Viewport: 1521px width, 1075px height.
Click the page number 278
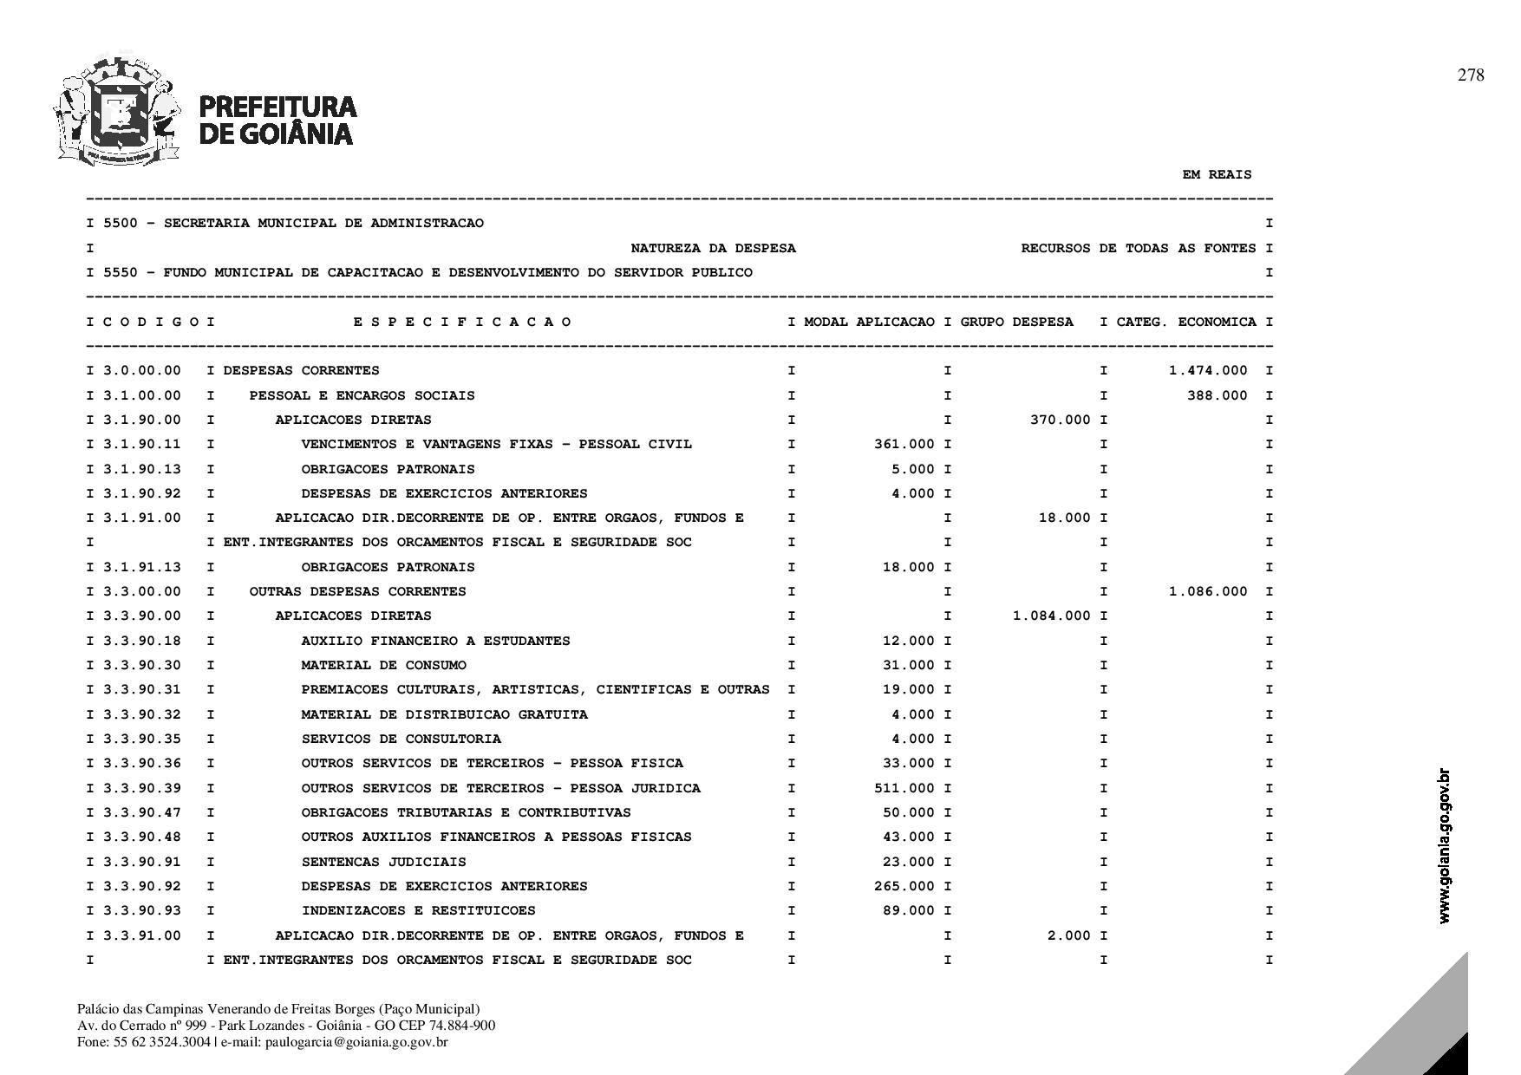tap(1471, 75)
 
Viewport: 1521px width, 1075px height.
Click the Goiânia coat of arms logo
tap(117, 110)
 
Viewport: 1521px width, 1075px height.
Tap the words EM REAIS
tap(1217, 174)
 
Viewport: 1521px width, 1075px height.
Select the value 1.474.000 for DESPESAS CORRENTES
tap(1208, 370)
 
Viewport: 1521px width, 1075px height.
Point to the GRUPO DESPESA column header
tap(1016, 322)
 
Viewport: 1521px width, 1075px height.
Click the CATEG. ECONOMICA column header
tap(1185, 322)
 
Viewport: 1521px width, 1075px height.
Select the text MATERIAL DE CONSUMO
tap(383, 665)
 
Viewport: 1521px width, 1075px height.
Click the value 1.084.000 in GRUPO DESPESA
tap(1052, 616)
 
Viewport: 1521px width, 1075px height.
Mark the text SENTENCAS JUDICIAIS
tap(383, 862)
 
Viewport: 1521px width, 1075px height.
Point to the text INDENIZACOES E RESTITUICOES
tap(418, 910)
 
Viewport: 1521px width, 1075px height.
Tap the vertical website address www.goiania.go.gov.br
tap(1444, 846)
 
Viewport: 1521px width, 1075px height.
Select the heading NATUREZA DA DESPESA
tap(713, 248)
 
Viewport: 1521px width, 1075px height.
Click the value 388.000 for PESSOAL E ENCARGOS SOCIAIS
tap(1217, 395)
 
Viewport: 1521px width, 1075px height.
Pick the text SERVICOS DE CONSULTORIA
tap(401, 739)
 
